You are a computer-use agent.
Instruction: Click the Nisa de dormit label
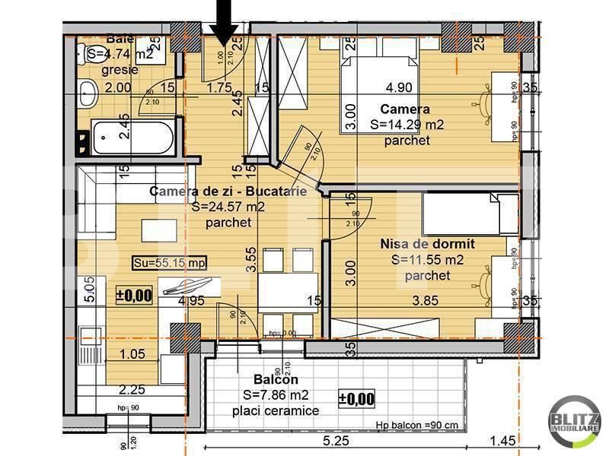[427, 244]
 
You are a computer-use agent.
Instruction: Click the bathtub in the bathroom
[134, 138]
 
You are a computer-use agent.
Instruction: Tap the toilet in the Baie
[87, 95]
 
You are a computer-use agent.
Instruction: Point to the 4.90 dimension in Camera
[400, 87]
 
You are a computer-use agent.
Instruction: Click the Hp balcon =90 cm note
[417, 425]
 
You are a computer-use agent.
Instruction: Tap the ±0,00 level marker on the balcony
[356, 397]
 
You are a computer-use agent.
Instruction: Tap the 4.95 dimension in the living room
[192, 301]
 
